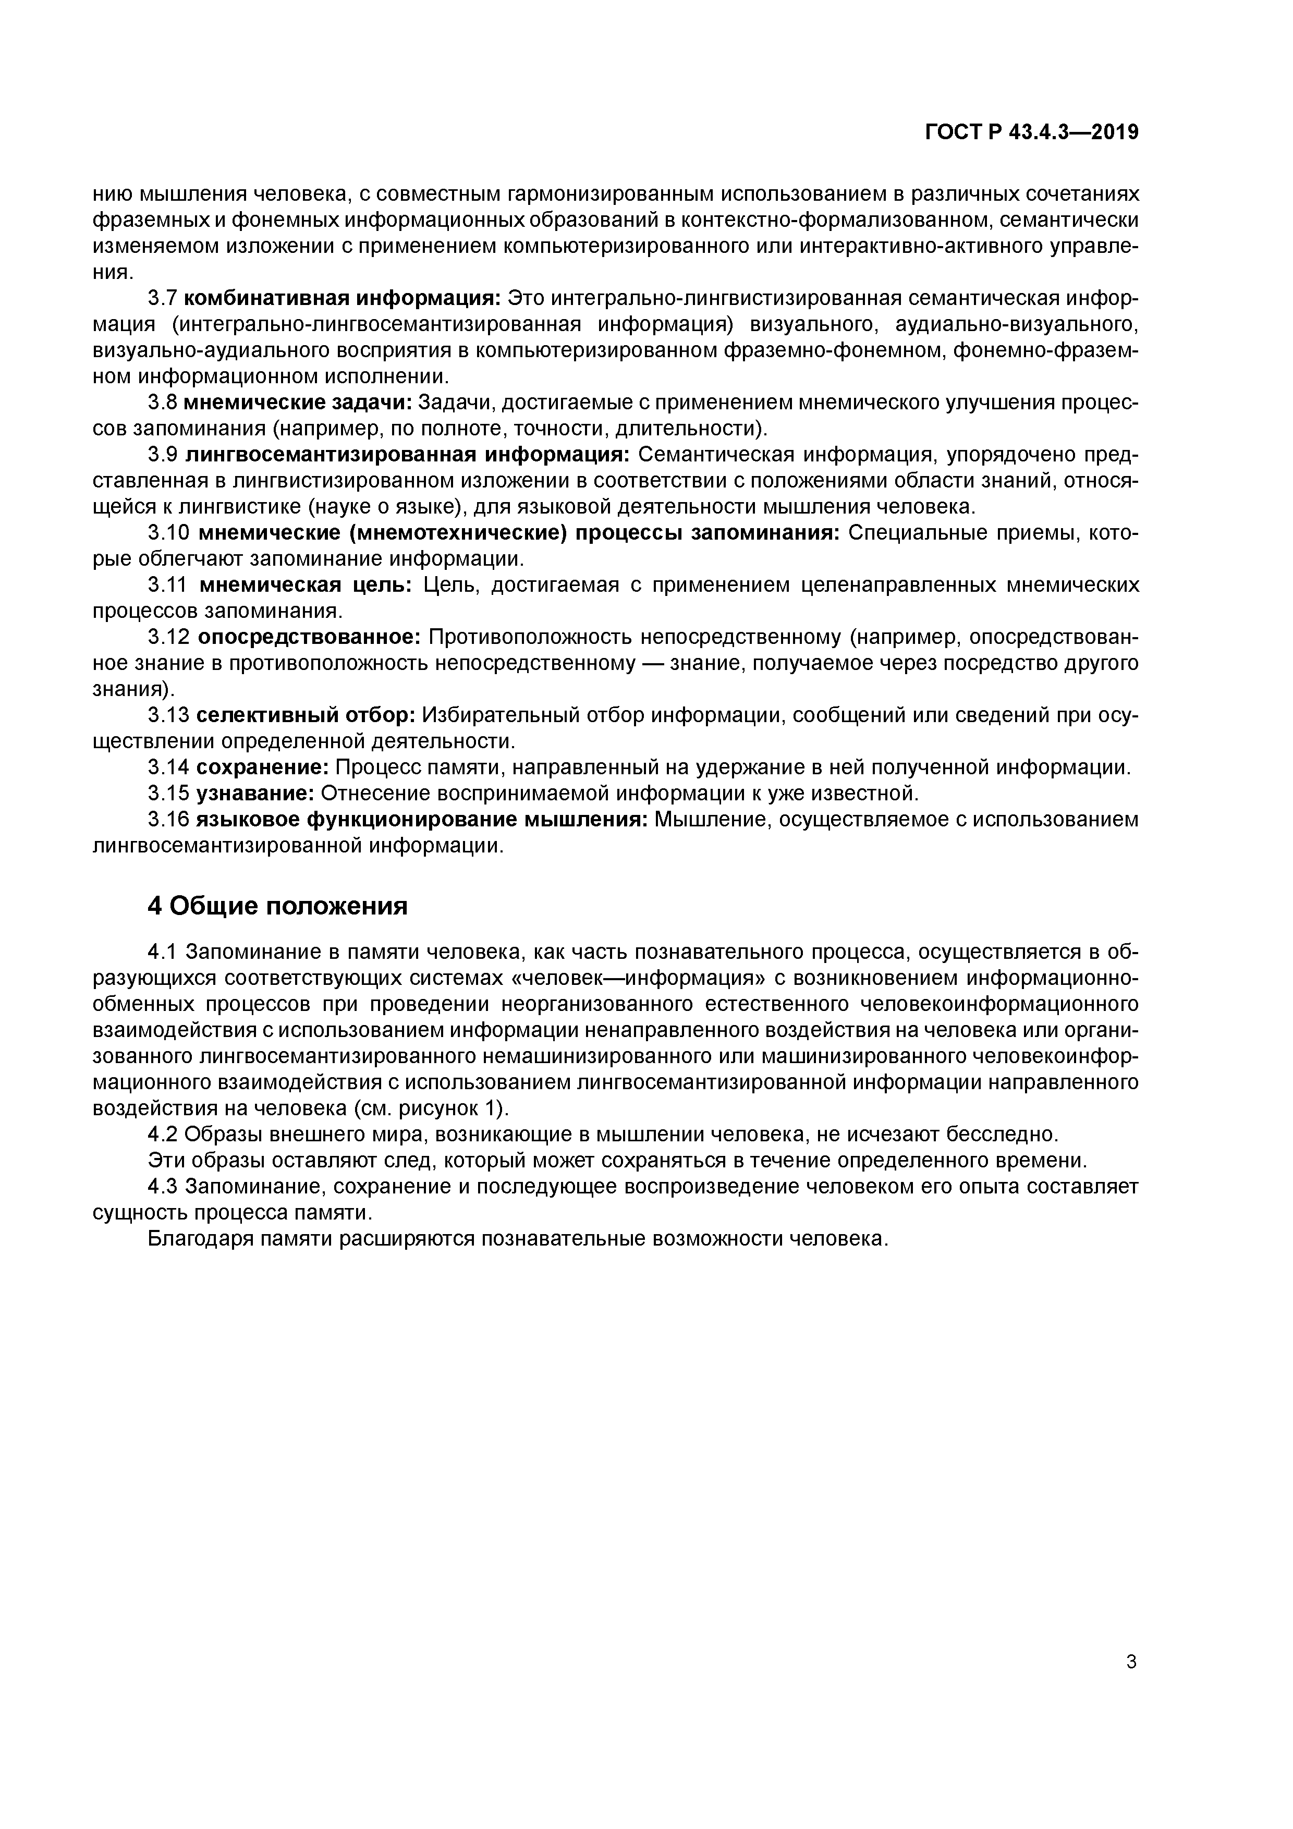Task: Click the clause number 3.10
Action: click(168, 533)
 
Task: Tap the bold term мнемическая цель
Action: click(305, 586)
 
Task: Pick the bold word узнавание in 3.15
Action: click(255, 794)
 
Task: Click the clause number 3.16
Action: click(168, 820)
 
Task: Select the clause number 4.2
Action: click(163, 1135)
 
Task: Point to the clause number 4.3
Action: click(163, 1186)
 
